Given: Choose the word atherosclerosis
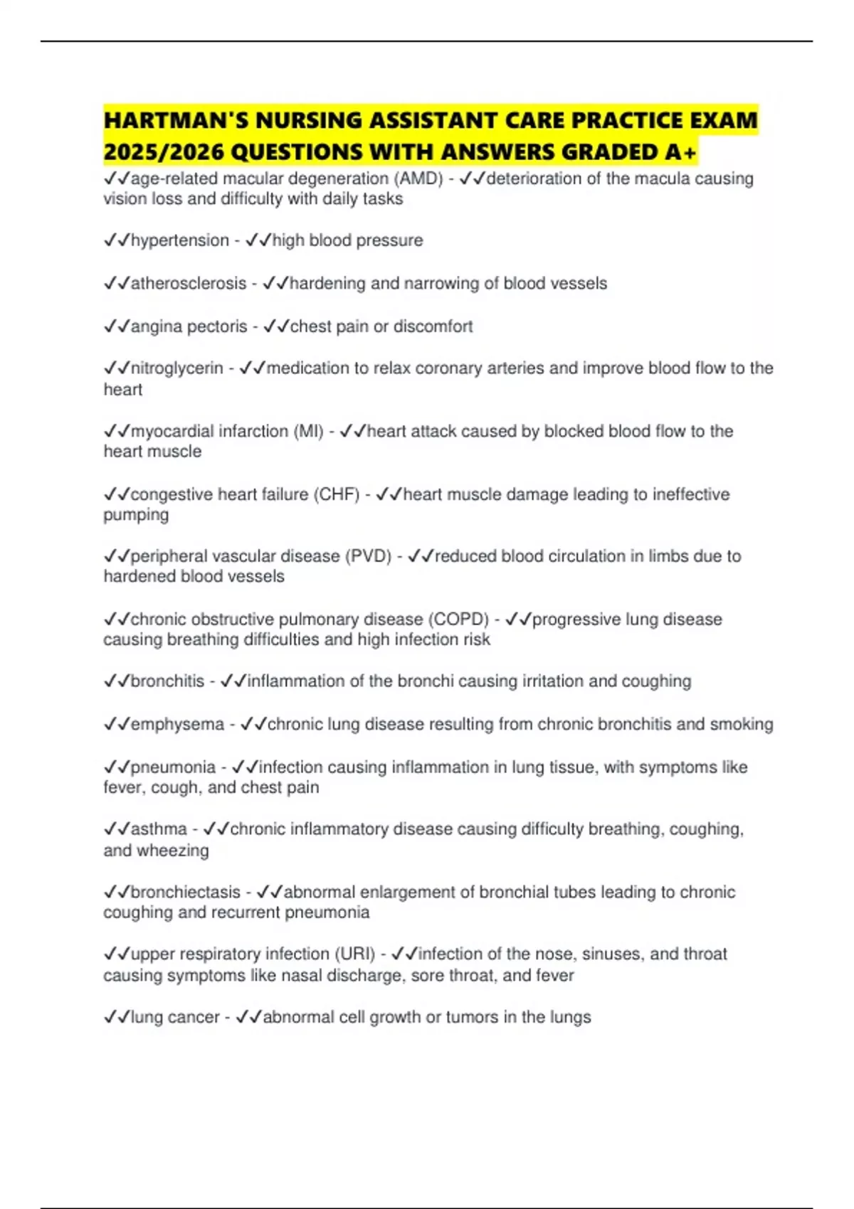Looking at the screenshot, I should (x=189, y=283).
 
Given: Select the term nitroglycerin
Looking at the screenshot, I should (x=177, y=368).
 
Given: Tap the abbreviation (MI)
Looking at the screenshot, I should (x=309, y=431).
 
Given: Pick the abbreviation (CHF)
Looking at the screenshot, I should (x=337, y=494).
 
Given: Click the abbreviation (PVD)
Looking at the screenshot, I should (x=368, y=556).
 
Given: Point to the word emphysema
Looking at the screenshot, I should (x=178, y=724).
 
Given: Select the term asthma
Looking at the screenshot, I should (x=159, y=829).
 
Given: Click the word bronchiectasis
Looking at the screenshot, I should (x=186, y=892).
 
